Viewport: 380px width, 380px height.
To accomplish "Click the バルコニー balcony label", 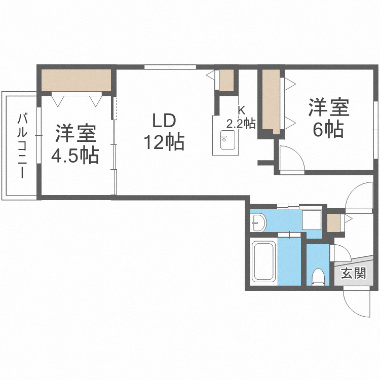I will [x=22, y=146].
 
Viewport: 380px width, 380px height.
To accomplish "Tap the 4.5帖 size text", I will [x=74, y=156].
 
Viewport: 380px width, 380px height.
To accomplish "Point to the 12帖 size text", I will [x=163, y=142].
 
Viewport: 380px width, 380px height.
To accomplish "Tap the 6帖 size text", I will [x=328, y=130].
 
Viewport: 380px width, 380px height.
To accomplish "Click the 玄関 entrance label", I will [x=353, y=274].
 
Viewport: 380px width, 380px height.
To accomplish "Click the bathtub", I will [x=263, y=262].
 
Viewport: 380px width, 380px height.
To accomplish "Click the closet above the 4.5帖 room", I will [x=76, y=80].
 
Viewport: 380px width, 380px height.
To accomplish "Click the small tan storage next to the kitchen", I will [x=226, y=80].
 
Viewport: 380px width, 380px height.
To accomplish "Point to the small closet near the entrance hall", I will [x=334, y=222].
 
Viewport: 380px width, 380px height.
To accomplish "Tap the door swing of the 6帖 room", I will [x=290, y=159].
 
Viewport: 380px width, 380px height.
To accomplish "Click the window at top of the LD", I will [x=170, y=66].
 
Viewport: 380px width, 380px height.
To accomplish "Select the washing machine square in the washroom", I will [x=311, y=221].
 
